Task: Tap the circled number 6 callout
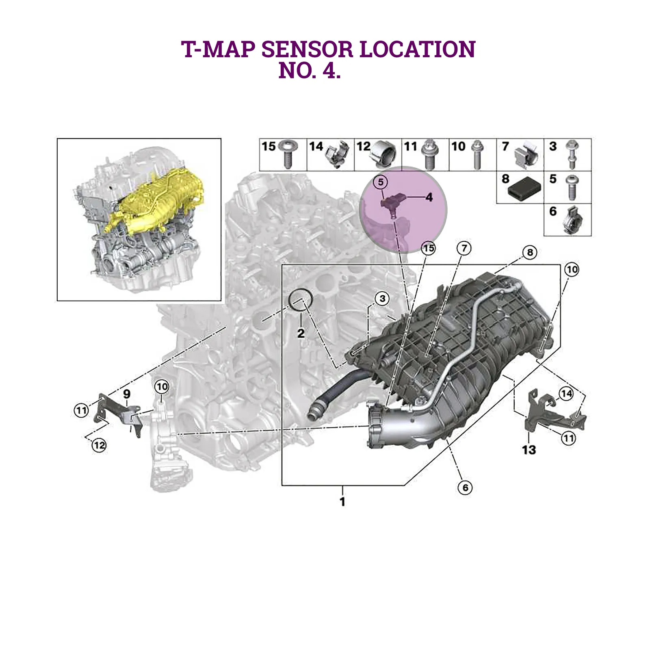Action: (x=465, y=487)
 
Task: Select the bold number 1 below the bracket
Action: (x=342, y=502)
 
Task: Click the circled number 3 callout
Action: (x=382, y=299)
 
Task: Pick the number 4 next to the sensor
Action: (x=429, y=197)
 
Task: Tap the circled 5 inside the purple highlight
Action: (x=381, y=182)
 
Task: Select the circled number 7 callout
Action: (x=464, y=248)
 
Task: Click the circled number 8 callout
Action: (x=530, y=252)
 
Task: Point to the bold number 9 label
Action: (x=127, y=394)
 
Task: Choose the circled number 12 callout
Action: (x=99, y=445)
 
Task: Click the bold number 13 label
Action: (x=529, y=450)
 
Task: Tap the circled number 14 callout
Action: (x=566, y=393)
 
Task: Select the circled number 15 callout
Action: (x=428, y=248)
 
